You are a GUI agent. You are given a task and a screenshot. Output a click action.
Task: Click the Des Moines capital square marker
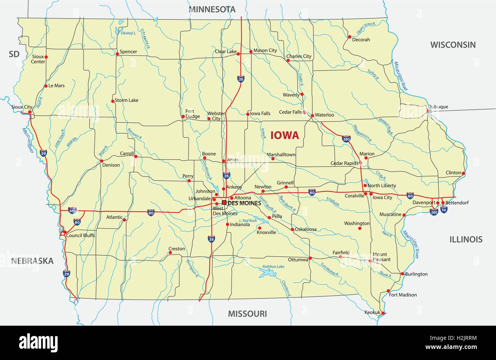click(224, 202)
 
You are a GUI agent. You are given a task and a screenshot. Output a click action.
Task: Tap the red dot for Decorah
click(349, 37)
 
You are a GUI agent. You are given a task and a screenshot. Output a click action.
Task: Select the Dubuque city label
click(438, 107)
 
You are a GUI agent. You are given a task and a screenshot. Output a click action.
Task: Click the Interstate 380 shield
click(346, 139)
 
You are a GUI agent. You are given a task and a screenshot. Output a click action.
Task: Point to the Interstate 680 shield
click(72, 210)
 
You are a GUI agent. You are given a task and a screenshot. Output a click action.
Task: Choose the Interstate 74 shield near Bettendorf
click(444, 209)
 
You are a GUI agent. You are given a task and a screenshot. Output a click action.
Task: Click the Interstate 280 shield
click(434, 212)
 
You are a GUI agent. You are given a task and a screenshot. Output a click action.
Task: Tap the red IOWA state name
click(285, 135)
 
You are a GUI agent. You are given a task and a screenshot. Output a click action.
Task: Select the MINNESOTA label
click(212, 9)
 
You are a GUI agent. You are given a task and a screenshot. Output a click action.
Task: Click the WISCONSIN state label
click(453, 45)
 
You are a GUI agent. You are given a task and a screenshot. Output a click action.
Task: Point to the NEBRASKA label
click(32, 261)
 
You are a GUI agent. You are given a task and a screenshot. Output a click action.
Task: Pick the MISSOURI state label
click(247, 314)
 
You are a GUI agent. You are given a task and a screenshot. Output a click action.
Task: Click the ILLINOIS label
click(465, 239)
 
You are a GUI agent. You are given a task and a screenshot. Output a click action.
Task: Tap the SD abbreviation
click(14, 54)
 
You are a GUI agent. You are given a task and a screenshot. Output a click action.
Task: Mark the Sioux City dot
click(30, 112)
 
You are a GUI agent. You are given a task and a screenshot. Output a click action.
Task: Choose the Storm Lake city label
click(127, 100)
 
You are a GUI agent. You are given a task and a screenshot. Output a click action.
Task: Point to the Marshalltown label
click(281, 154)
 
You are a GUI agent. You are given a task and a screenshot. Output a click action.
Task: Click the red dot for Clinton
click(463, 174)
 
